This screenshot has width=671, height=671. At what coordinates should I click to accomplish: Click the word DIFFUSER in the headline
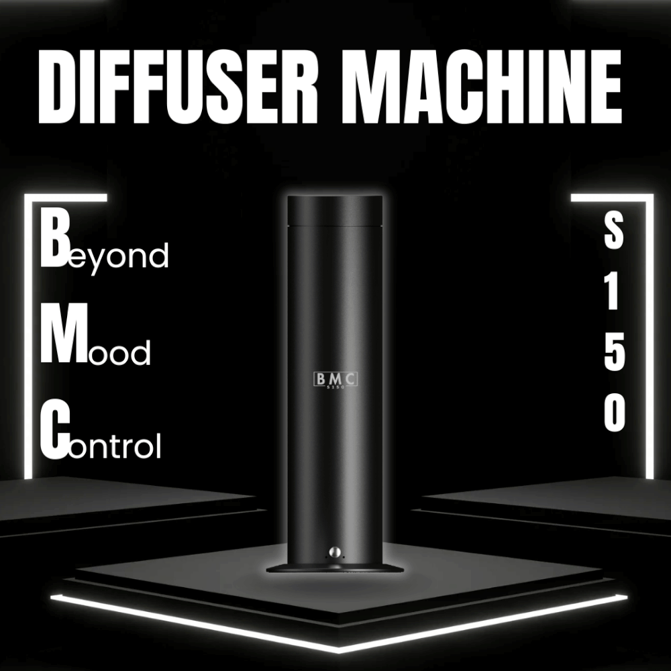click(178, 87)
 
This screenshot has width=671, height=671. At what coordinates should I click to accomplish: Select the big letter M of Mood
click(64, 333)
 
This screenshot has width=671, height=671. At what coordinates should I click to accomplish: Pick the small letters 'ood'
click(119, 353)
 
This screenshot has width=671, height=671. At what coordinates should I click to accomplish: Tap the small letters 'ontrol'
click(115, 446)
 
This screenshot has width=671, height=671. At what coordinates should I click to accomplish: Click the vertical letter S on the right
click(613, 231)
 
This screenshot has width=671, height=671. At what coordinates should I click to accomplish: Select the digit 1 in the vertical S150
click(613, 293)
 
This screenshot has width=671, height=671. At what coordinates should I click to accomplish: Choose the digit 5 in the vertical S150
click(615, 354)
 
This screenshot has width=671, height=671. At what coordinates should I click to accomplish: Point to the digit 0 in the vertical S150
click(615, 413)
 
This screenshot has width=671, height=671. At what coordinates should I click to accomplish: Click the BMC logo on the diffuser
click(335, 380)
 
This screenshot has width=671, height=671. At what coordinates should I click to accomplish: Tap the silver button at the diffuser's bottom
click(335, 552)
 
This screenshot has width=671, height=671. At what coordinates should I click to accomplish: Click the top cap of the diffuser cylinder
click(335, 210)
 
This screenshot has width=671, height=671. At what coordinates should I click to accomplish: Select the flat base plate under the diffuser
click(335, 569)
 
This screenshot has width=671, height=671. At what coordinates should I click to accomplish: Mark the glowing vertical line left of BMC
click(28, 337)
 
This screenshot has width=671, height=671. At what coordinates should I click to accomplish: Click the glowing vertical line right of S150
click(649, 337)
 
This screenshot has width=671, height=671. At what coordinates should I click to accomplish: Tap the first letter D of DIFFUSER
click(56, 87)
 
